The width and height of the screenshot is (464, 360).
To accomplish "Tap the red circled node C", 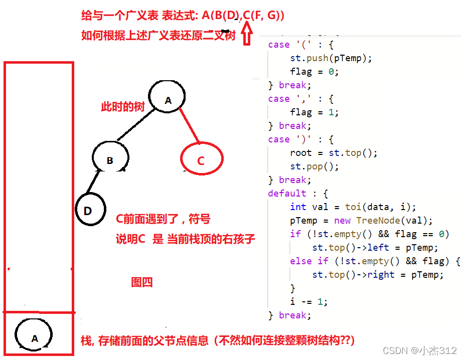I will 201,159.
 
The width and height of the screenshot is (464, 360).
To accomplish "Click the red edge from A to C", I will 190,123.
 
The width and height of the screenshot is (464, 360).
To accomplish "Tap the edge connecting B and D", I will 93,183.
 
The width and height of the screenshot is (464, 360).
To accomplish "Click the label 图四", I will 141,282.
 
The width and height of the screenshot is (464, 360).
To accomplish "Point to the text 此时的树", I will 123,107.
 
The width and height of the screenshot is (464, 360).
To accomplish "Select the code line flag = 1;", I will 314,112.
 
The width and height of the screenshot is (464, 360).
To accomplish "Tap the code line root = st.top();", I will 334,153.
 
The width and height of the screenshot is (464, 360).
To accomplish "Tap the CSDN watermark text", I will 419,350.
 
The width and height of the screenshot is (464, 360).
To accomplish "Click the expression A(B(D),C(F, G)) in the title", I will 243,16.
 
